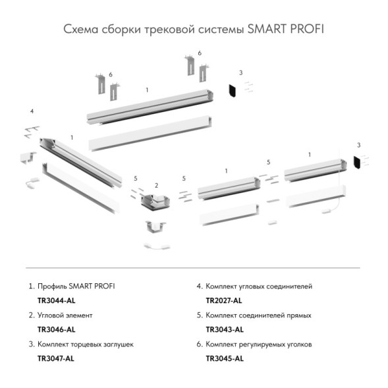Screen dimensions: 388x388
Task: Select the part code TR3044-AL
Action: [57, 300]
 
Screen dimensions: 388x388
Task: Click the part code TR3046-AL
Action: [57, 329]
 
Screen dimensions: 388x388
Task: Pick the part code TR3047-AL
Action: [57, 358]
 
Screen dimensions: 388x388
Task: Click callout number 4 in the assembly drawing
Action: [32, 111]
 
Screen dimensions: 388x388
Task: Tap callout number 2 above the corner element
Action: [156, 186]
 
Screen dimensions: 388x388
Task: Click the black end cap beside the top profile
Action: [232, 89]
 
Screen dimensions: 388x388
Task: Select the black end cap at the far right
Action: [356, 161]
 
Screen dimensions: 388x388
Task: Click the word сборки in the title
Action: [120, 30]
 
